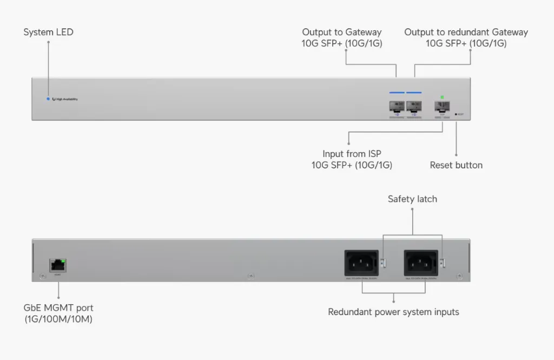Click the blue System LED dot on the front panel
[48, 99]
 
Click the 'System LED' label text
[48, 32]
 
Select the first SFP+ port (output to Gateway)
[397, 107]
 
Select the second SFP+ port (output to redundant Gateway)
[414, 107]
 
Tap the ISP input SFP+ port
[442, 107]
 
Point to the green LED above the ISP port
[442, 97]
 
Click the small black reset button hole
[456, 114]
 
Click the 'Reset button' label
[456, 165]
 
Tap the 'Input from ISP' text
[352, 154]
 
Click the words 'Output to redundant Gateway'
[466, 32]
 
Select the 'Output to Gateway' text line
[341, 32]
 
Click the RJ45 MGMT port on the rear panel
[57, 265]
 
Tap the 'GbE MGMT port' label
[58, 308]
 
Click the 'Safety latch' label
[412, 199]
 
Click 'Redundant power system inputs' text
[393, 312]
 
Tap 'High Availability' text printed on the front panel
[66, 100]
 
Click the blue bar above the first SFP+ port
[397, 93]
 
